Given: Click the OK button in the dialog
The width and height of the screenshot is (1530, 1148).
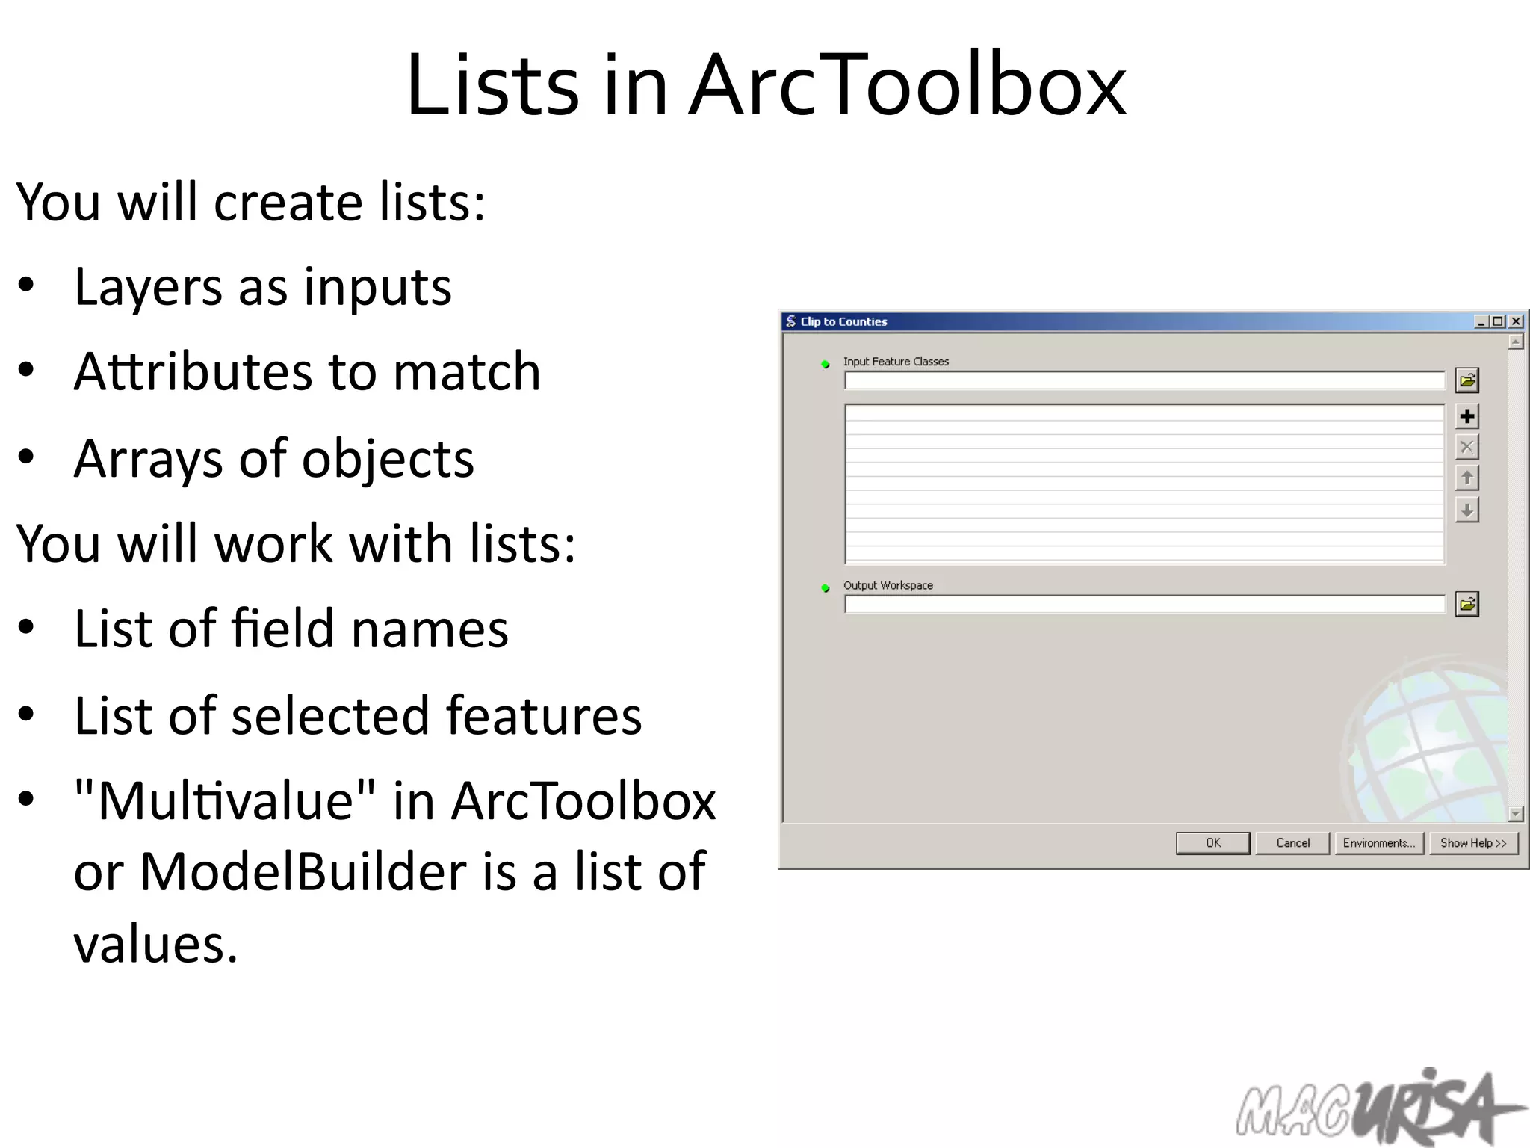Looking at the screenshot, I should pos(1212,842).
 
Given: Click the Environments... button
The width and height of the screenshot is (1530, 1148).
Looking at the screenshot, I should pos(1378,842).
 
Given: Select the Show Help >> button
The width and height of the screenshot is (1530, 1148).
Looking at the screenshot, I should pos(1473,842).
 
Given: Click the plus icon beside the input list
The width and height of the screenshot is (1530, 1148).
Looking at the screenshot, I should pos(1466,416).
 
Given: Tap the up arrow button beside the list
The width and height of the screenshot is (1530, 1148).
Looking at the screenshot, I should pos(1466,478).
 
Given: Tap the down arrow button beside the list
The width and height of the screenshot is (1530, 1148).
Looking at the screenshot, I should pos(1466,510).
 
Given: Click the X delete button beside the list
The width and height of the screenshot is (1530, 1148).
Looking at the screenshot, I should pos(1466,448).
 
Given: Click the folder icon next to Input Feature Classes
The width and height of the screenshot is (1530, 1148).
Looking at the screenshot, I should pos(1466,380).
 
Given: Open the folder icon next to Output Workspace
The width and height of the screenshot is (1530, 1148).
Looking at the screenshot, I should pos(1466,604).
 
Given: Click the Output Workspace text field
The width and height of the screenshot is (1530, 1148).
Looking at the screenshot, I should pos(1144,605).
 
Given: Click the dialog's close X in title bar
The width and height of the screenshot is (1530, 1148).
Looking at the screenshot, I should pos(1516,321).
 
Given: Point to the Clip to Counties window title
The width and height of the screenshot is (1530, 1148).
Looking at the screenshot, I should pos(843,321).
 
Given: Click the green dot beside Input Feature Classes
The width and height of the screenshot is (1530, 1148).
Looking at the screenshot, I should pos(826,365).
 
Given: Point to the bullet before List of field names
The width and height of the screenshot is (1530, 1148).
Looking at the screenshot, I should pos(27,629).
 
